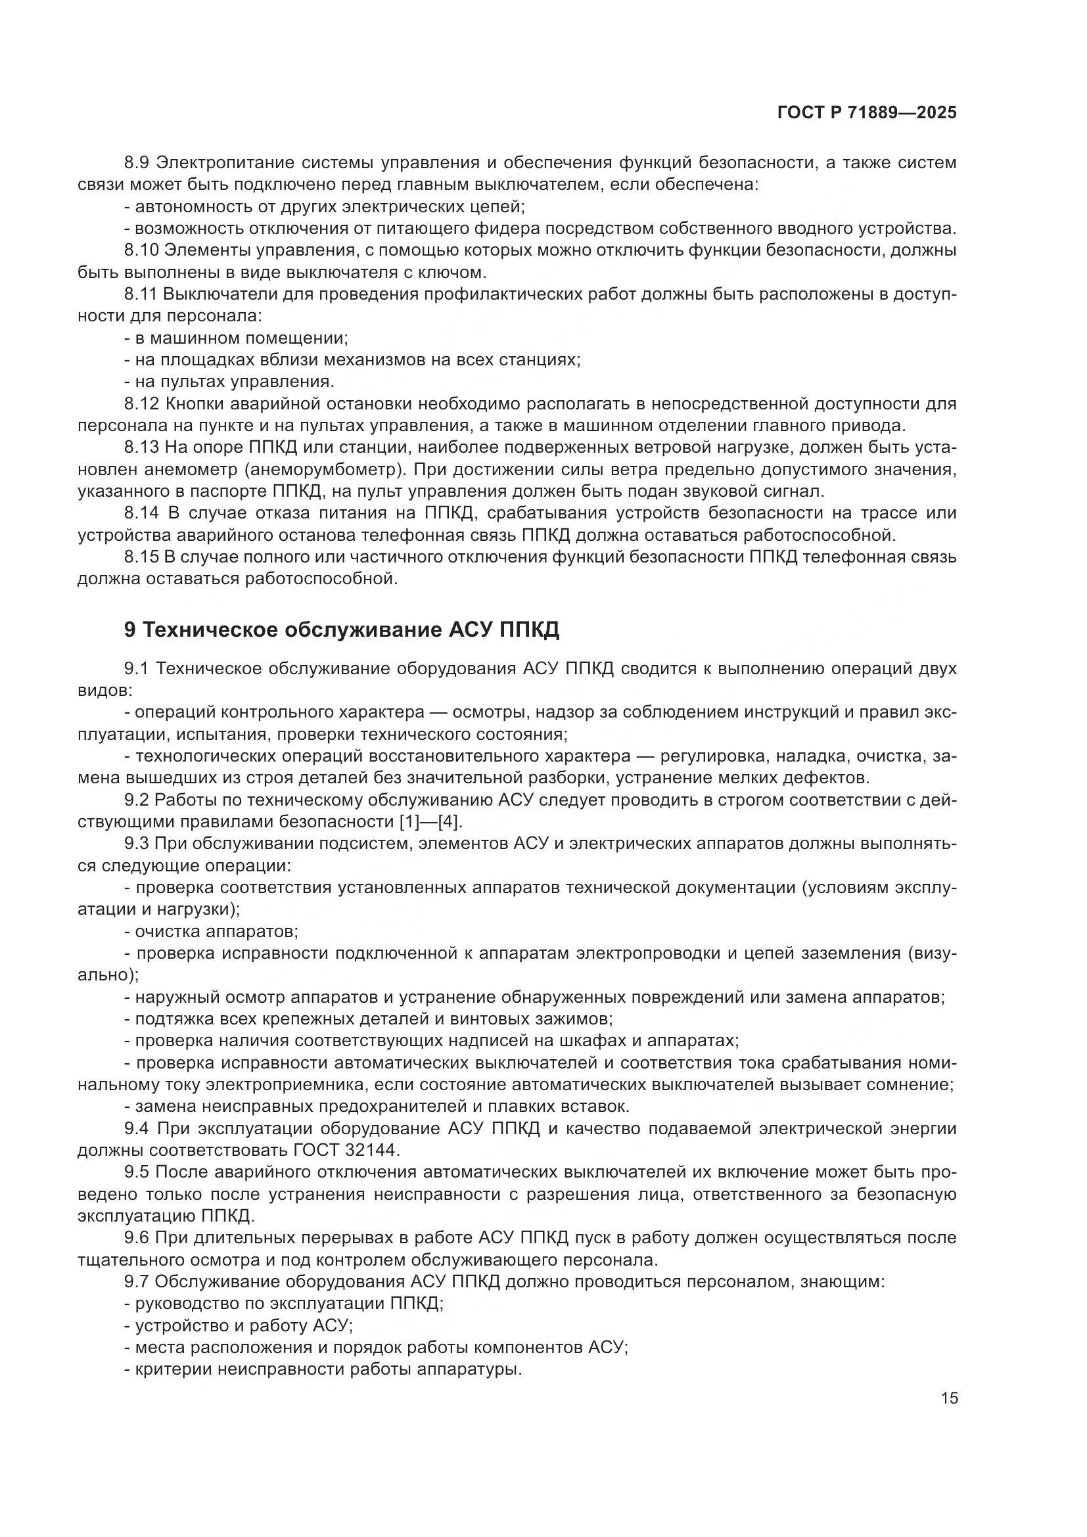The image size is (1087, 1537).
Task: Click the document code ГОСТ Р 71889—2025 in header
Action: click(867, 113)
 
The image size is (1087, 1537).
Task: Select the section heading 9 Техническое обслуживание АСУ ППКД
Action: click(341, 630)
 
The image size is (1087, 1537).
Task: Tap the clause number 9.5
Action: click(139, 1172)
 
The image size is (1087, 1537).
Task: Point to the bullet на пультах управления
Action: click(229, 382)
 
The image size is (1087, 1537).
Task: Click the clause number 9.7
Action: click(139, 1282)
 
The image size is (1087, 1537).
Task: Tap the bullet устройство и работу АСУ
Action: click(239, 1325)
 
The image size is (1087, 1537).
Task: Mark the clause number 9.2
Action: click(139, 800)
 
